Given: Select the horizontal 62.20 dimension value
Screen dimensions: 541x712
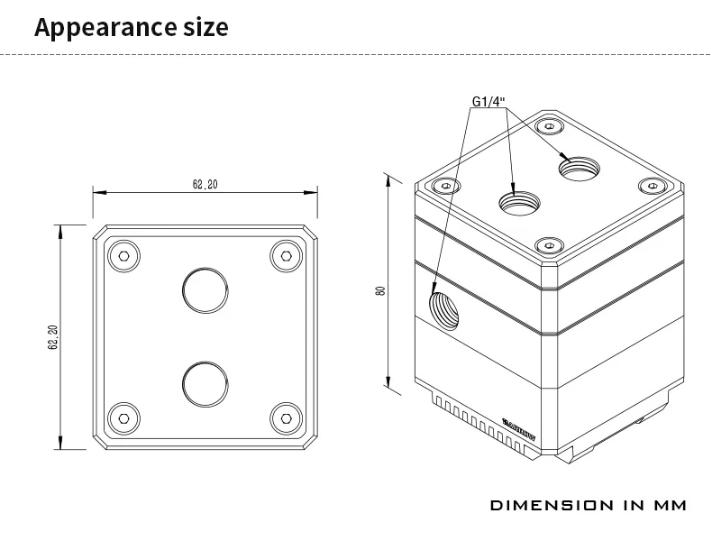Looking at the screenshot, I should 205,184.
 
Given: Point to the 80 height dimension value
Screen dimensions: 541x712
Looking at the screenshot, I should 381,290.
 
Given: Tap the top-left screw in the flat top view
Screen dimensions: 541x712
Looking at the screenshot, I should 123,256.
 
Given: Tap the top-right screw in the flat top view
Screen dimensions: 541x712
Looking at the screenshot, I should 286,256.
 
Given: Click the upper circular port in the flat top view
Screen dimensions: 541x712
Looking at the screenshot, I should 205,289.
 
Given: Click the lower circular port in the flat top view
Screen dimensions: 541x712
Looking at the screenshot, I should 205,383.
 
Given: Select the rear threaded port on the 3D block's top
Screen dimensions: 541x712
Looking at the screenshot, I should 576,167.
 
